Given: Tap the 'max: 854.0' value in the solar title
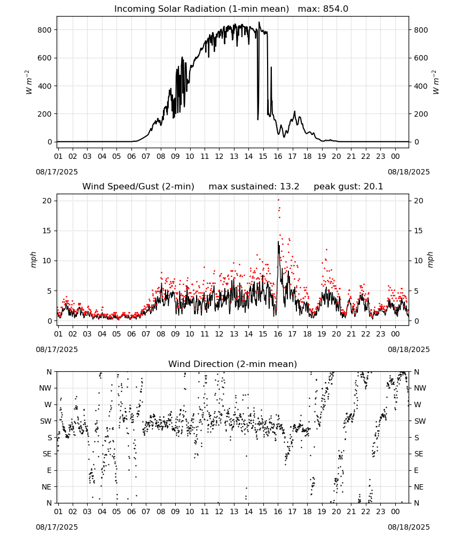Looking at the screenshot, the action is coord(323,9).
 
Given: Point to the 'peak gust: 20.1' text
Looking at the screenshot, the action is coord(348,187).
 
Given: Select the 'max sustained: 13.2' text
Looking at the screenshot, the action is coord(254,187).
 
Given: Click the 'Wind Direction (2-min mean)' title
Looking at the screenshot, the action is coord(233,364).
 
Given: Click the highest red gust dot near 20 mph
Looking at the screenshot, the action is coord(278,200).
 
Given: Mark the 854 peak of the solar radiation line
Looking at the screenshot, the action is coord(259,22).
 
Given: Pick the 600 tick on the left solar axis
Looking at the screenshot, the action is coord(45,58).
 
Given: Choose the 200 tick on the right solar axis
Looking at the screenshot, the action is coord(421,114).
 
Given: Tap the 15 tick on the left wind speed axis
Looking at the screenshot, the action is coord(47,231).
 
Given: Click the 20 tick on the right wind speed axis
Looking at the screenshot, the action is coord(419,201).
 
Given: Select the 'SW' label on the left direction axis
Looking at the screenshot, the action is coord(45,422).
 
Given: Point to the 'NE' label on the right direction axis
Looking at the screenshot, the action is coord(419,487).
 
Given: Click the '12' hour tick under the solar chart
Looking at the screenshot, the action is coord(219,157).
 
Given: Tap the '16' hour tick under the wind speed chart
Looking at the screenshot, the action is coord(278,334).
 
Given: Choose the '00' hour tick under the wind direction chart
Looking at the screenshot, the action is coord(395,512).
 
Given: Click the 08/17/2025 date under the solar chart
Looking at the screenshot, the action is coord(57,172).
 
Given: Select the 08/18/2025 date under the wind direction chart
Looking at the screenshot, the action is coord(409,527).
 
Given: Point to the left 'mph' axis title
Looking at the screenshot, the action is coord(33,259).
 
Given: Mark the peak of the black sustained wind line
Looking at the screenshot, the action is coord(278,242).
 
